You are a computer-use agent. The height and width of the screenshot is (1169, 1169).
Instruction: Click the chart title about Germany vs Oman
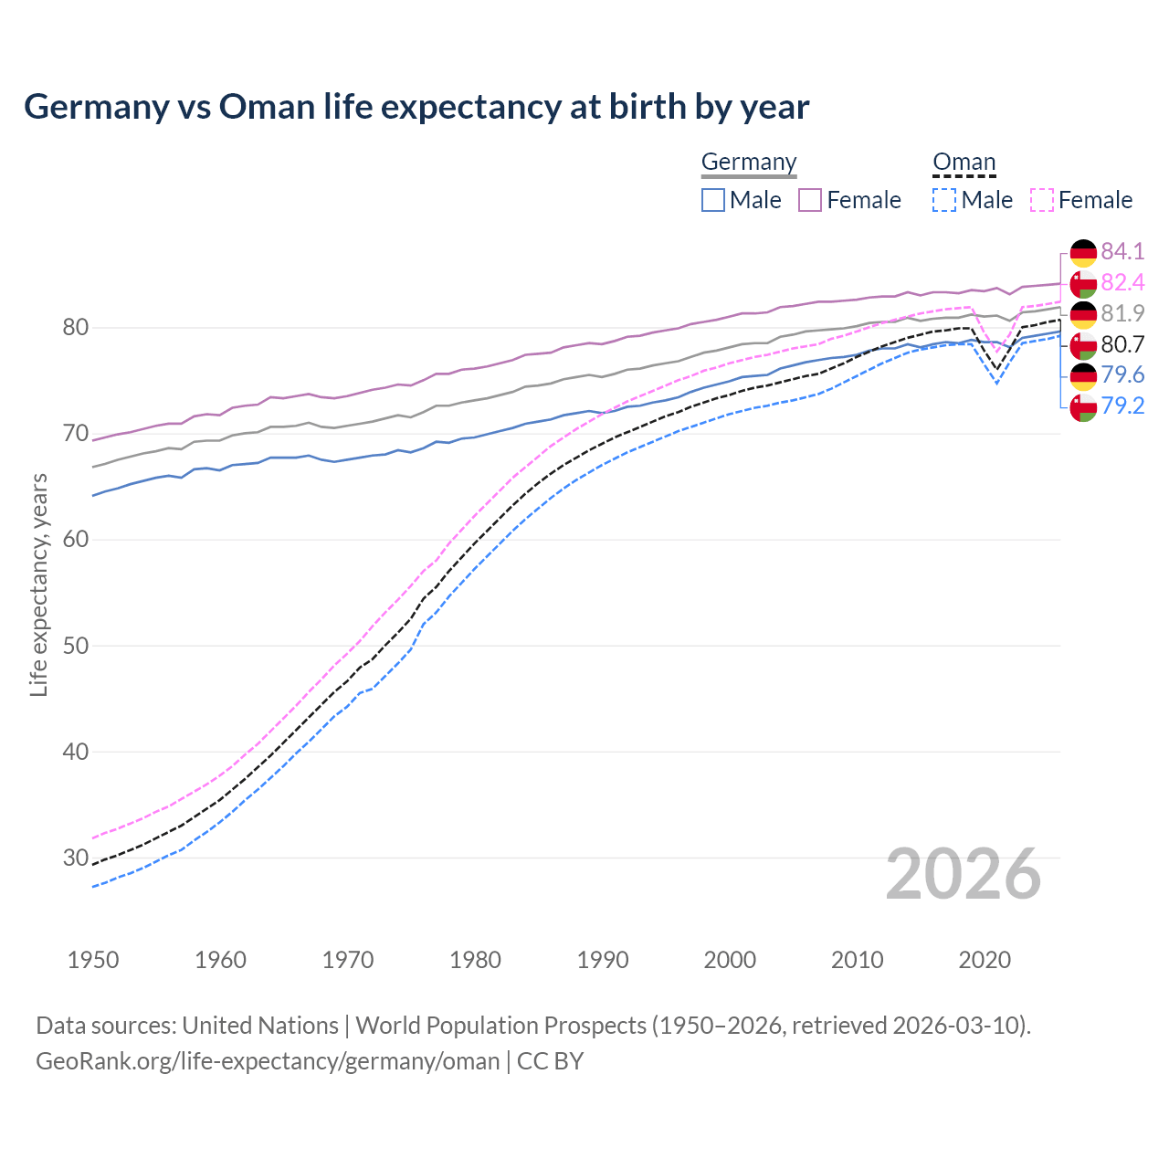tap(416, 107)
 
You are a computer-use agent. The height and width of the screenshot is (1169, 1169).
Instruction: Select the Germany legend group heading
tap(749, 163)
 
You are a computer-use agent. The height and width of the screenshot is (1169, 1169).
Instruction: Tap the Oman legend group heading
tap(964, 163)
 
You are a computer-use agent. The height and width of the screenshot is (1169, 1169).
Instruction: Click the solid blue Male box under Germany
tap(713, 200)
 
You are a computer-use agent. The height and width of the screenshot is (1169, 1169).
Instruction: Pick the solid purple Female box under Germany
tap(810, 200)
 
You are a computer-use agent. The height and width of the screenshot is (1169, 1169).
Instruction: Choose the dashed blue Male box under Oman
tap(944, 200)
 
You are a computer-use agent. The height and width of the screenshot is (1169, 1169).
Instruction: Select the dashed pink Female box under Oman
tap(1041, 200)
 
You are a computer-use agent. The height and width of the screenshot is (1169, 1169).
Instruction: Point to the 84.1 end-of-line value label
tap(1122, 251)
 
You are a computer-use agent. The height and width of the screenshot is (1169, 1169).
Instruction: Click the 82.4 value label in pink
tap(1122, 282)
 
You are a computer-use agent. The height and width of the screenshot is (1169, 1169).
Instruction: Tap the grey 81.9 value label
tap(1122, 313)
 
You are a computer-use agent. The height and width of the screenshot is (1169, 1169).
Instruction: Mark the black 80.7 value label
tap(1122, 344)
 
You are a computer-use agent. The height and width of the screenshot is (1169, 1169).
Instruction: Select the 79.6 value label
tap(1122, 375)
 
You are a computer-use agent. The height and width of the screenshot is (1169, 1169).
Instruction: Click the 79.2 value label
tap(1122, 406)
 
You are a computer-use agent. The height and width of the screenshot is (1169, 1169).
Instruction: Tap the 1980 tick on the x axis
tap(475, 960)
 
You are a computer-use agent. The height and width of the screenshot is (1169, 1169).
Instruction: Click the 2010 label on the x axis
tap(857, 960)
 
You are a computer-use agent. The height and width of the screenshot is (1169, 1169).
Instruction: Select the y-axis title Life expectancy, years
tap(39, 584)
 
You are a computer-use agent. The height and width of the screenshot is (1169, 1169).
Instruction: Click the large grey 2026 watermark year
tap(963, 874)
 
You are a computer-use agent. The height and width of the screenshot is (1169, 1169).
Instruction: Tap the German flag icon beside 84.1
tap(1083, 252)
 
